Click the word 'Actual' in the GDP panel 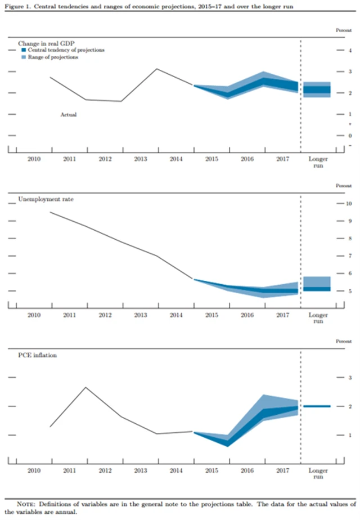pos(68,114)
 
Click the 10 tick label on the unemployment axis pos(349,203)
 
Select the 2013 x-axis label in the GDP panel pos(141,159)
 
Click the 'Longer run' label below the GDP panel pos(318,163)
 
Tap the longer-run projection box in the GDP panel pos(317,89)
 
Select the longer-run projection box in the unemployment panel pos(317,284)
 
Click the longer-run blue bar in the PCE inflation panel pos(317,406)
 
